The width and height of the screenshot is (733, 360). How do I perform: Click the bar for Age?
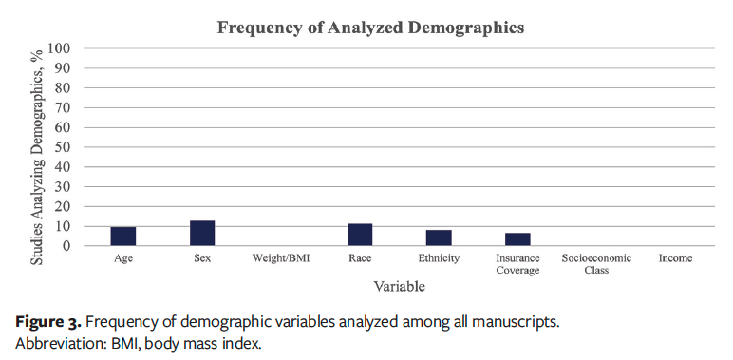point(123,237)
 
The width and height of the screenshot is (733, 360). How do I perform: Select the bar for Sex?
point(202,234)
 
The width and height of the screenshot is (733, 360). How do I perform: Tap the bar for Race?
point(360,235)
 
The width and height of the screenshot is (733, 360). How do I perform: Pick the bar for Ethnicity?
point(439,238)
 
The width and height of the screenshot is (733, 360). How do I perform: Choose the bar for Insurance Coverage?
point(517,239)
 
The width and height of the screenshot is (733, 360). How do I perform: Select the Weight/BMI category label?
point(281,258)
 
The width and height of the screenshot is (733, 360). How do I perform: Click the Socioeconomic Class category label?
point(596,264)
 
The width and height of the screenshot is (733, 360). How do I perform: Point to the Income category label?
point(675,258)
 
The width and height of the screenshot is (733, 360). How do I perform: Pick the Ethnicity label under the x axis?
point(439,258)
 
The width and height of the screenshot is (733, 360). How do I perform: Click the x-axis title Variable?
point(398,285)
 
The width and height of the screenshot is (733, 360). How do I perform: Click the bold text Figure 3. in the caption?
point(47,321)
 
